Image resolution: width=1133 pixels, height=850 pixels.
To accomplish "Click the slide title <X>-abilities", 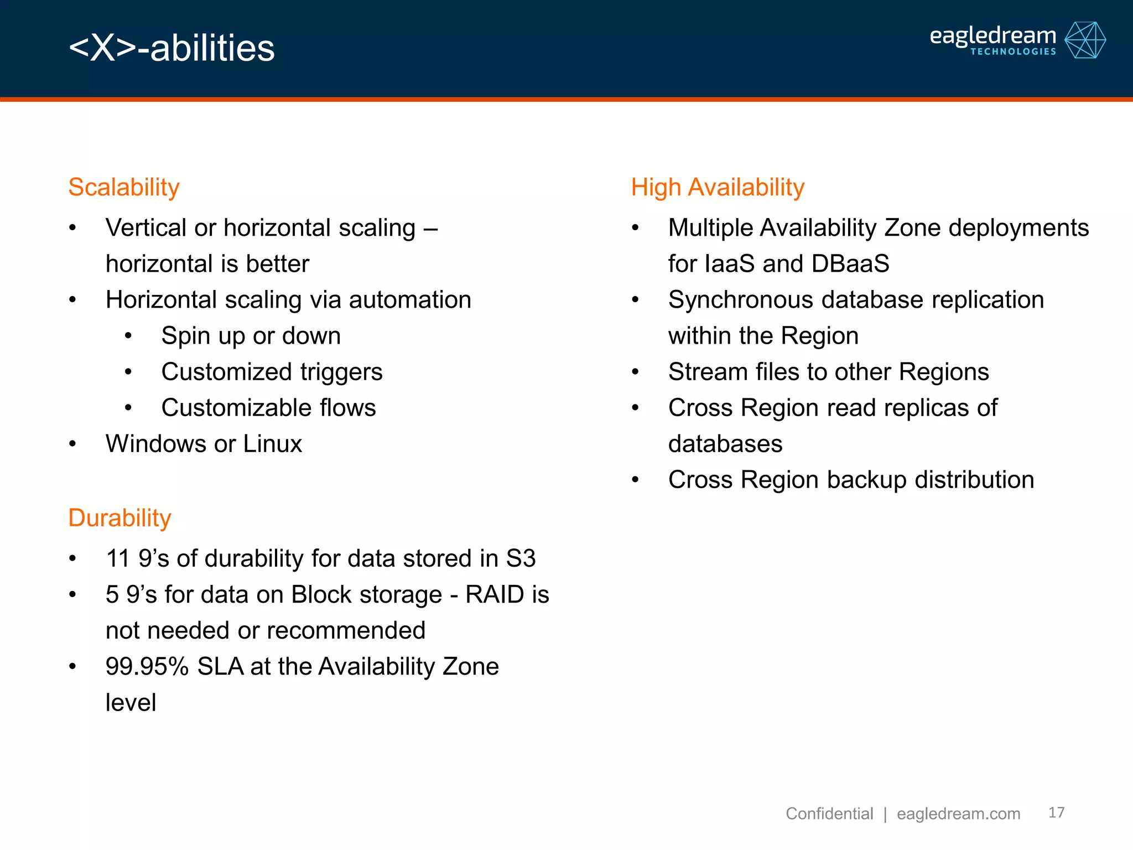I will pos(171,48).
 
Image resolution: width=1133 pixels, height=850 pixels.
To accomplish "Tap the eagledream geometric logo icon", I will pos(1085,40).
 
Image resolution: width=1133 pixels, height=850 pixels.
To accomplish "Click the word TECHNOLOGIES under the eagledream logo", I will pos(1013,51).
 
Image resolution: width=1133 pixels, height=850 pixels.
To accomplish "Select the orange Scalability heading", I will pos(124,187).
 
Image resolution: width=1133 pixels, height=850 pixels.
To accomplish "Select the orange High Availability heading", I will pos(718,187).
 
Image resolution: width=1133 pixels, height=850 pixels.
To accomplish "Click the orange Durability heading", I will pos(119,518).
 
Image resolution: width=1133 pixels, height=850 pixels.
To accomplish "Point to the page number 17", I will pos(1056,812).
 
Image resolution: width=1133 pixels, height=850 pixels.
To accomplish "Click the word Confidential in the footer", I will pos(829,813).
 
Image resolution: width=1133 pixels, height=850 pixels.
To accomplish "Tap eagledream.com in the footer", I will pos(958,813).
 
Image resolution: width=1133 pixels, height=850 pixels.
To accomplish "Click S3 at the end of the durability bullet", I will pos(521,558).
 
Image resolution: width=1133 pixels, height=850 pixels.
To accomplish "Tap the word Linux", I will pos(272,444).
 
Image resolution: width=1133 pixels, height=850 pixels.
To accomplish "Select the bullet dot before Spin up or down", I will pos(128,336).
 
